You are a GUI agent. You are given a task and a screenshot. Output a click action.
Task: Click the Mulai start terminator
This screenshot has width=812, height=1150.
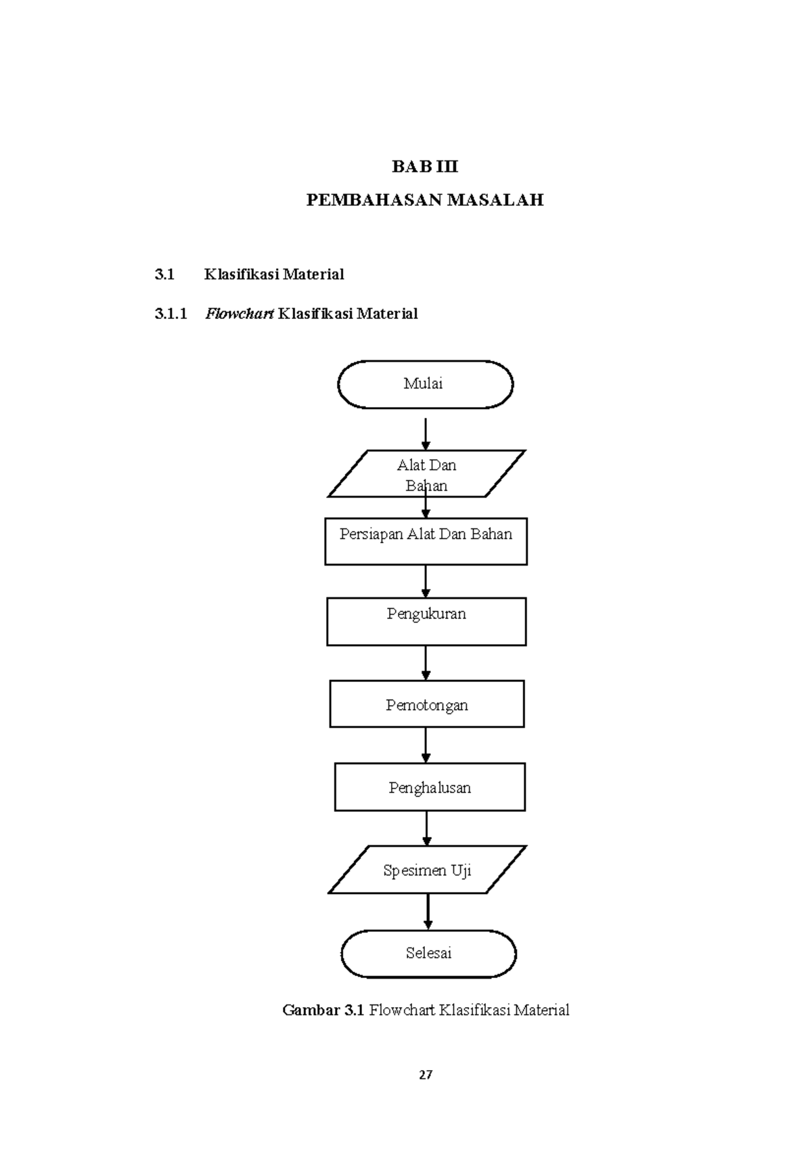tap(425, 384)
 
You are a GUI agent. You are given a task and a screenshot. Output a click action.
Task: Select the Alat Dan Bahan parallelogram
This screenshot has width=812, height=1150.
tap(426, 474)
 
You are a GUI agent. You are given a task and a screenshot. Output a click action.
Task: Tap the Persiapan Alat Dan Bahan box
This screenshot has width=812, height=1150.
tap(426, 541)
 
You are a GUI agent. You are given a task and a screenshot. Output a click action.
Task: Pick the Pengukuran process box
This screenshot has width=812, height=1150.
tap(426, 621)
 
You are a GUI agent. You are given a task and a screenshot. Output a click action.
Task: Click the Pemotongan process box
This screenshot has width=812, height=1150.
tap(426, 704)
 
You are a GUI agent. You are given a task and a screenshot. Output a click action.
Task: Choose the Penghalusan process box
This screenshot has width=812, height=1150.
tap(430, 787)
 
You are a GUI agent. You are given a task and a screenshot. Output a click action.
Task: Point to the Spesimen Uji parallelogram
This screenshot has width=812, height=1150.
tap(427, 870)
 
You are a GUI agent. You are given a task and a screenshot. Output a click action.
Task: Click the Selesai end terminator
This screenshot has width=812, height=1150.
tap(428, 953)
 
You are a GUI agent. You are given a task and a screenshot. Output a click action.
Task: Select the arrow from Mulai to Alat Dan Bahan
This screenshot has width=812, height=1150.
tap(426, 433)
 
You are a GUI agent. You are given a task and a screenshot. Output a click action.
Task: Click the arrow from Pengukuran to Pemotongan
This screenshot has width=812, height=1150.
tap(426, 662)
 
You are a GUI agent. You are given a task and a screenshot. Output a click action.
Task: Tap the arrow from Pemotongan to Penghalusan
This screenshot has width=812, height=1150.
tap(426, 745)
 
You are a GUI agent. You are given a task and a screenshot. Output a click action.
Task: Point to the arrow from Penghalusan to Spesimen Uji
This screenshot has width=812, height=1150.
tap(427, 828)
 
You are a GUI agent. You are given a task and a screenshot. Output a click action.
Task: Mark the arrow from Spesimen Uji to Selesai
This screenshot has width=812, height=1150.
tap(428, 912)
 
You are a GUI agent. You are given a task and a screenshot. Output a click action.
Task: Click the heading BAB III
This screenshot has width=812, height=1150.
tap(425, 167)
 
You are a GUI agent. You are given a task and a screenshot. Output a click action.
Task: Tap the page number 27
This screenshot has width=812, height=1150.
tap(426, 1075)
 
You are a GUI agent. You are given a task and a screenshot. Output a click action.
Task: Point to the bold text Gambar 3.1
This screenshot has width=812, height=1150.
tap(323, 1010)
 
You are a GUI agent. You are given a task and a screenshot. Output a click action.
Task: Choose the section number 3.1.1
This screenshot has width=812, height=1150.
tap(171, 314)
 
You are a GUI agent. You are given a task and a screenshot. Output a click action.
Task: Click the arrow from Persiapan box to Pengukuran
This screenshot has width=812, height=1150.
tap(426, 581)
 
